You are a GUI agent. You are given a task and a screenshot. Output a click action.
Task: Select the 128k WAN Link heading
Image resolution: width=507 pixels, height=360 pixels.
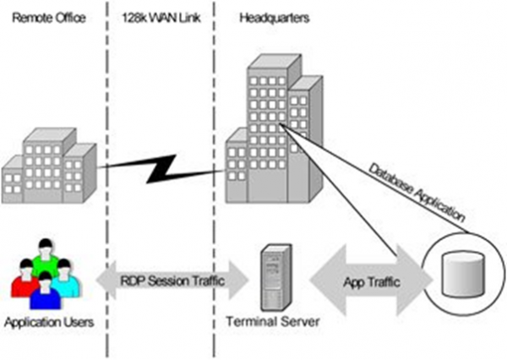point(161,18)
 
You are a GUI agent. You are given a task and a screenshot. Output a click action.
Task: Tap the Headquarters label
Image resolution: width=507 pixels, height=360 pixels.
point(270,18)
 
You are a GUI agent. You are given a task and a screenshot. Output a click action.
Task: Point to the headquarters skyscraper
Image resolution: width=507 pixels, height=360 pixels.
point(274,127)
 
